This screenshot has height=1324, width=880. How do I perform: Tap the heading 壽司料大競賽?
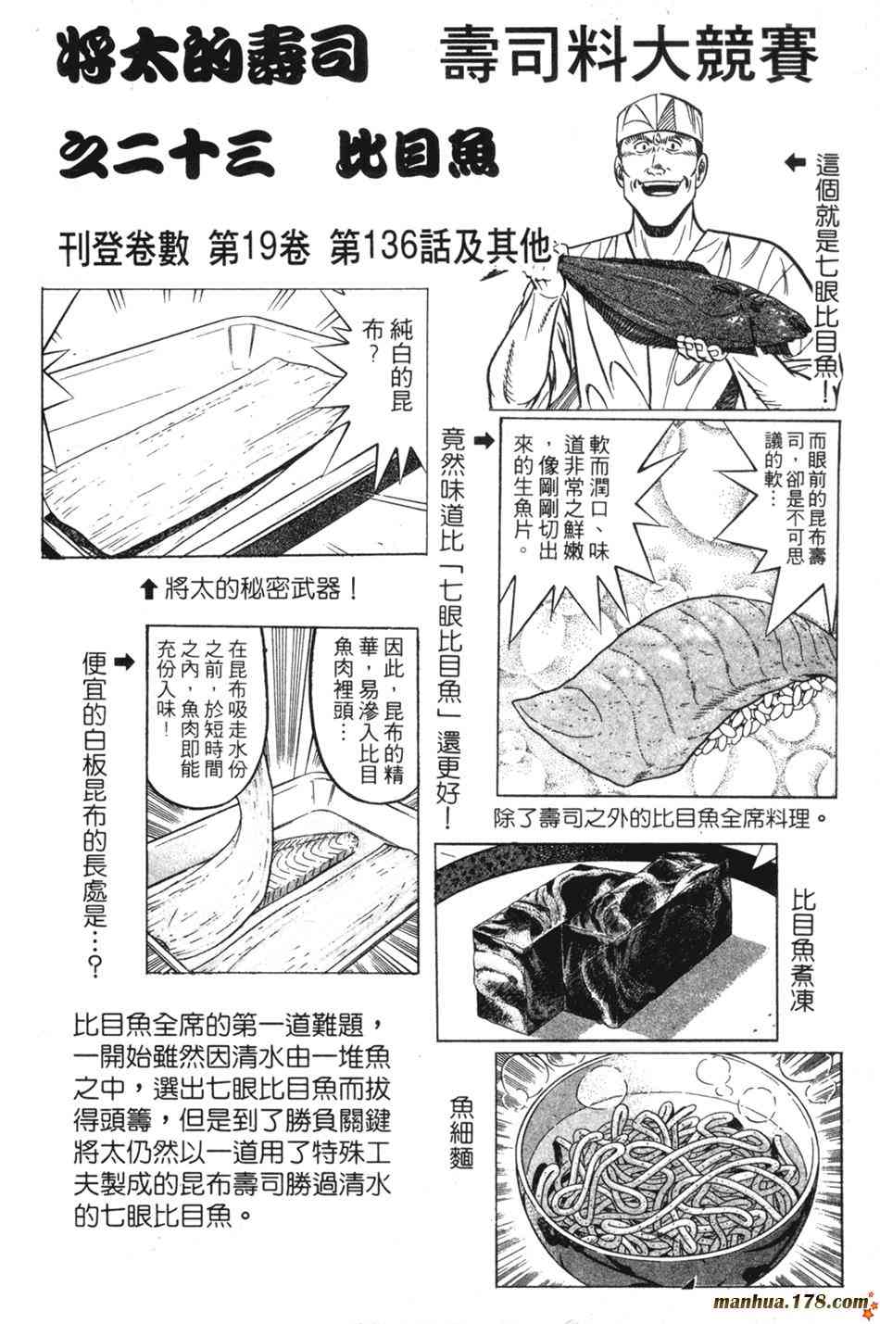pyautogui.click(x=629, y=57)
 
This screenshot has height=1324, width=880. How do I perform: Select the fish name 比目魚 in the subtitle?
pyautogui.click(x=417, y=153)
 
